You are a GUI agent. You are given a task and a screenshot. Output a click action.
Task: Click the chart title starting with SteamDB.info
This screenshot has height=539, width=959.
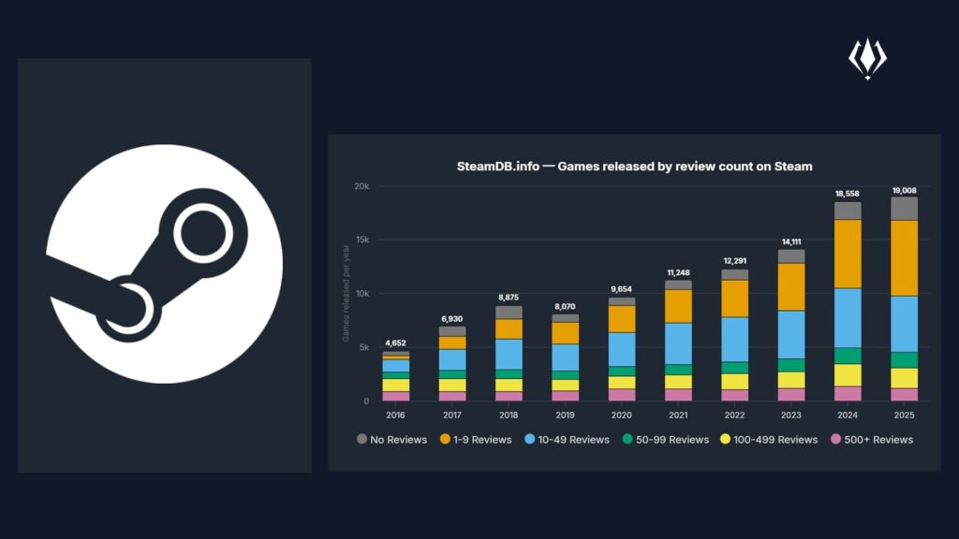click(x=634, y=167)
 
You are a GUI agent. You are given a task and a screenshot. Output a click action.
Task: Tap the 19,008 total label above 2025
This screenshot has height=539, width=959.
click(x=904, y=190)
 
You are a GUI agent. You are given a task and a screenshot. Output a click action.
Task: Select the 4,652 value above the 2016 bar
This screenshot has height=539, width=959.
click(x=395, y=344)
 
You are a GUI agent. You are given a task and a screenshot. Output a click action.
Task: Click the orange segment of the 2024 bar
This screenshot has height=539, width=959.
click(x=848, y=254)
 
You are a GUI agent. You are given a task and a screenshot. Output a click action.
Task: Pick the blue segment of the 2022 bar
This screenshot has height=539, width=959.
click(x=735, y=339)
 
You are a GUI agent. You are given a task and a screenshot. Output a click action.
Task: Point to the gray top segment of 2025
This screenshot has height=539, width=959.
click(x=904, y=208)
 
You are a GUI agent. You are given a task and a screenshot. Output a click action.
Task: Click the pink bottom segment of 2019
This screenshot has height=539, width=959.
click(x=565, y=396)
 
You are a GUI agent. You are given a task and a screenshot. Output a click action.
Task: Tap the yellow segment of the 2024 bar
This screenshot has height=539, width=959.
click(x=848, y=374)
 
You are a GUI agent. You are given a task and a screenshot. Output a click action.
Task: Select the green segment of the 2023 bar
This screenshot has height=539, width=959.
click(x=791, y=365)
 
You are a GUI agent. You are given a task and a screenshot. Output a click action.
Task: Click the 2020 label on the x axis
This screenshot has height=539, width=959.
click(x=622, y=415)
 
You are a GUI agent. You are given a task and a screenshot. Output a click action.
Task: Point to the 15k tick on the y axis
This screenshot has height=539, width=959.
click(x=362, y=240)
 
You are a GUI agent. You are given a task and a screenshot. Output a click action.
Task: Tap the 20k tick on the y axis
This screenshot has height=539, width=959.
click(x=361, y=185)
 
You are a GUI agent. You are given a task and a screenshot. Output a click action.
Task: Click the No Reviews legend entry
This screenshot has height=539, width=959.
click(x=392, y=440)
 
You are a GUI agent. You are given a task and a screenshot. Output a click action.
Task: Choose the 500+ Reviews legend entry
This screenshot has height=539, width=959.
click(x=872, y=440)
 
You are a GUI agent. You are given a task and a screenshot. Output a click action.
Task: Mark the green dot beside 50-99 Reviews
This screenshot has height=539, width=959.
click(x=627, y=440)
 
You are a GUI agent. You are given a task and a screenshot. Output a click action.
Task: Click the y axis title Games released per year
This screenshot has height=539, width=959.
click(x=346, y=293)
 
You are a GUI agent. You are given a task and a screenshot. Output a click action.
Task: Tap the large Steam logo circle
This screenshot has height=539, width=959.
click(x=165, y=265)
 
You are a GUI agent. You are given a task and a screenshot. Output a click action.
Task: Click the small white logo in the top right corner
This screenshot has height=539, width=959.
click(x=867, y=58)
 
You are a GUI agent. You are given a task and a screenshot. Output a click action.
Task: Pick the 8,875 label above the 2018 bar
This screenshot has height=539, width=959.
click(x=509, y=298)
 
